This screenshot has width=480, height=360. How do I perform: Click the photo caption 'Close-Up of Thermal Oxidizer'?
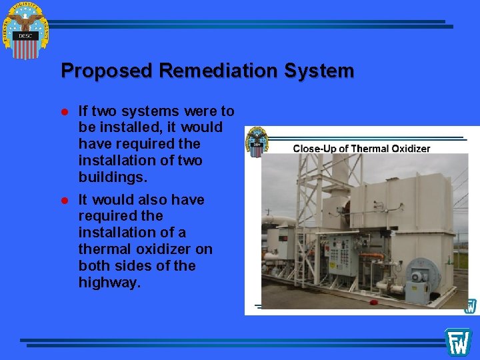(x=361, y=148)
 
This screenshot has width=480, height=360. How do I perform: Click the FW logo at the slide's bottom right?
(x=459, y=341)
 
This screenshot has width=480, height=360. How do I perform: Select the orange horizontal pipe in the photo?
(x=373, y=256)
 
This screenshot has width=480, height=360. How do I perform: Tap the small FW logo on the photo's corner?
(x=471, y=306)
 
